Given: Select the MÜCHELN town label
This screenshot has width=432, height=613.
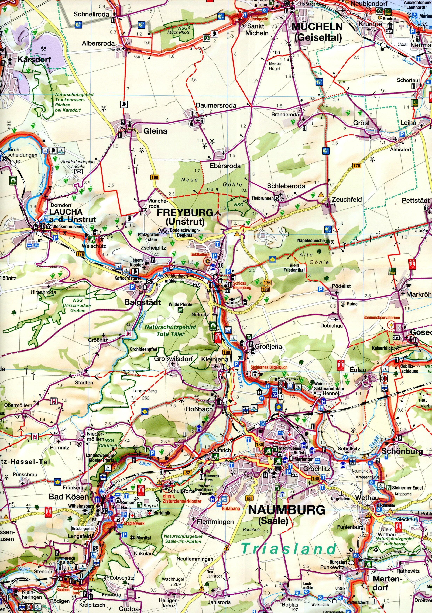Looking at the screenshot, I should click(317, 27).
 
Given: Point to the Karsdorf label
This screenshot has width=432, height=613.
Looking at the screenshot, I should click(34, 60).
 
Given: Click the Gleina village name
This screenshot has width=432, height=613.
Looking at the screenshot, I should click(155, 131).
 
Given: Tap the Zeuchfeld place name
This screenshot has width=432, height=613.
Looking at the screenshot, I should click(347, 199).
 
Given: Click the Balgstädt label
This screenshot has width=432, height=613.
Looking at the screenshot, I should click(143, 302).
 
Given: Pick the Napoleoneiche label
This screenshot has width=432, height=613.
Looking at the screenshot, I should click(311, 240).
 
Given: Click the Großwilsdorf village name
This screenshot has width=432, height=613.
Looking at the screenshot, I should click(173, 359).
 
